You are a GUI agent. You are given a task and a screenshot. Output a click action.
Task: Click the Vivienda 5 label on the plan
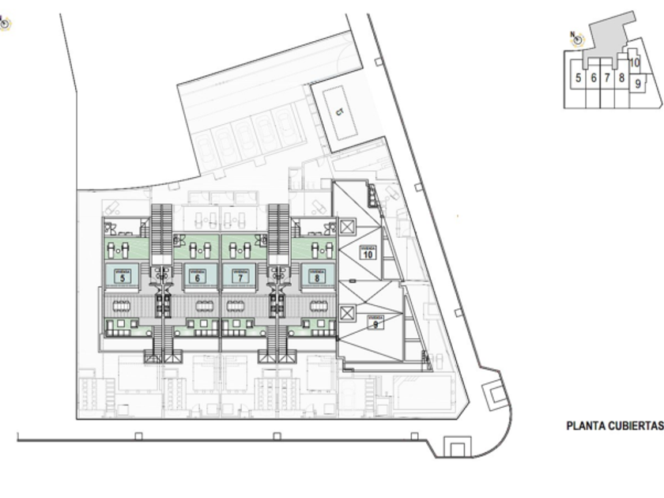pyautogui.click(x=122, y=276)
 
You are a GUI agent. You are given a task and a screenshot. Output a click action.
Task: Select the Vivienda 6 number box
pyautogui.click(x=198, y=276)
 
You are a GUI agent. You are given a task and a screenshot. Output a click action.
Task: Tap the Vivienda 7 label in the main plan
pyautogui.click(x=240, y=276)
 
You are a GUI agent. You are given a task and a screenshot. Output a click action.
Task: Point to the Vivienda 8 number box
pyautogui.click(x=316, y=276)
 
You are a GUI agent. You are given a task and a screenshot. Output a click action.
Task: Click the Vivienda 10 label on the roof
pyautogui.click(x=368, y=253)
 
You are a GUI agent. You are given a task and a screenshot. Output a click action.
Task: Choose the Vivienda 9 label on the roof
pyautogui.click(x=375, y=322)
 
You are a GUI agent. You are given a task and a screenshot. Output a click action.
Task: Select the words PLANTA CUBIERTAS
pyautogui.click(x=613, y=425)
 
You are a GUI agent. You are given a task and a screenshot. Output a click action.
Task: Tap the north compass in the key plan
pyautogui.click(x=577, y=38)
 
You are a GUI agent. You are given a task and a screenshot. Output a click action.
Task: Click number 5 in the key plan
pyautogui.click(x=579, y=78)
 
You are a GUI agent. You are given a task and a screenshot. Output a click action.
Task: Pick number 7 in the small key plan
pyautogui.click(x=607, y=78)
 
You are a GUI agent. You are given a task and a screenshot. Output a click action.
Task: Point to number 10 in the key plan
pyautogui.click(x=634, y=62)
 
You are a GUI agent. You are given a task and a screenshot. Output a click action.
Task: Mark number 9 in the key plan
pyautogui.click(x=638, y=82)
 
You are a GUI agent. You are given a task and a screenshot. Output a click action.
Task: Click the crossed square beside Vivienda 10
pyautogui.click(x=347, y=227)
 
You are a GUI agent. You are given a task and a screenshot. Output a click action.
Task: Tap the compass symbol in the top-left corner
pyautogui.click(x=4, y=24)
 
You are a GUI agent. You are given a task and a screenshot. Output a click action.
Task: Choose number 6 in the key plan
pyautogui.click(x=593, y=78)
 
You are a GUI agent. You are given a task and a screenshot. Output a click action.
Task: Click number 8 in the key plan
pyautogui.click(x=622, y=78)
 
